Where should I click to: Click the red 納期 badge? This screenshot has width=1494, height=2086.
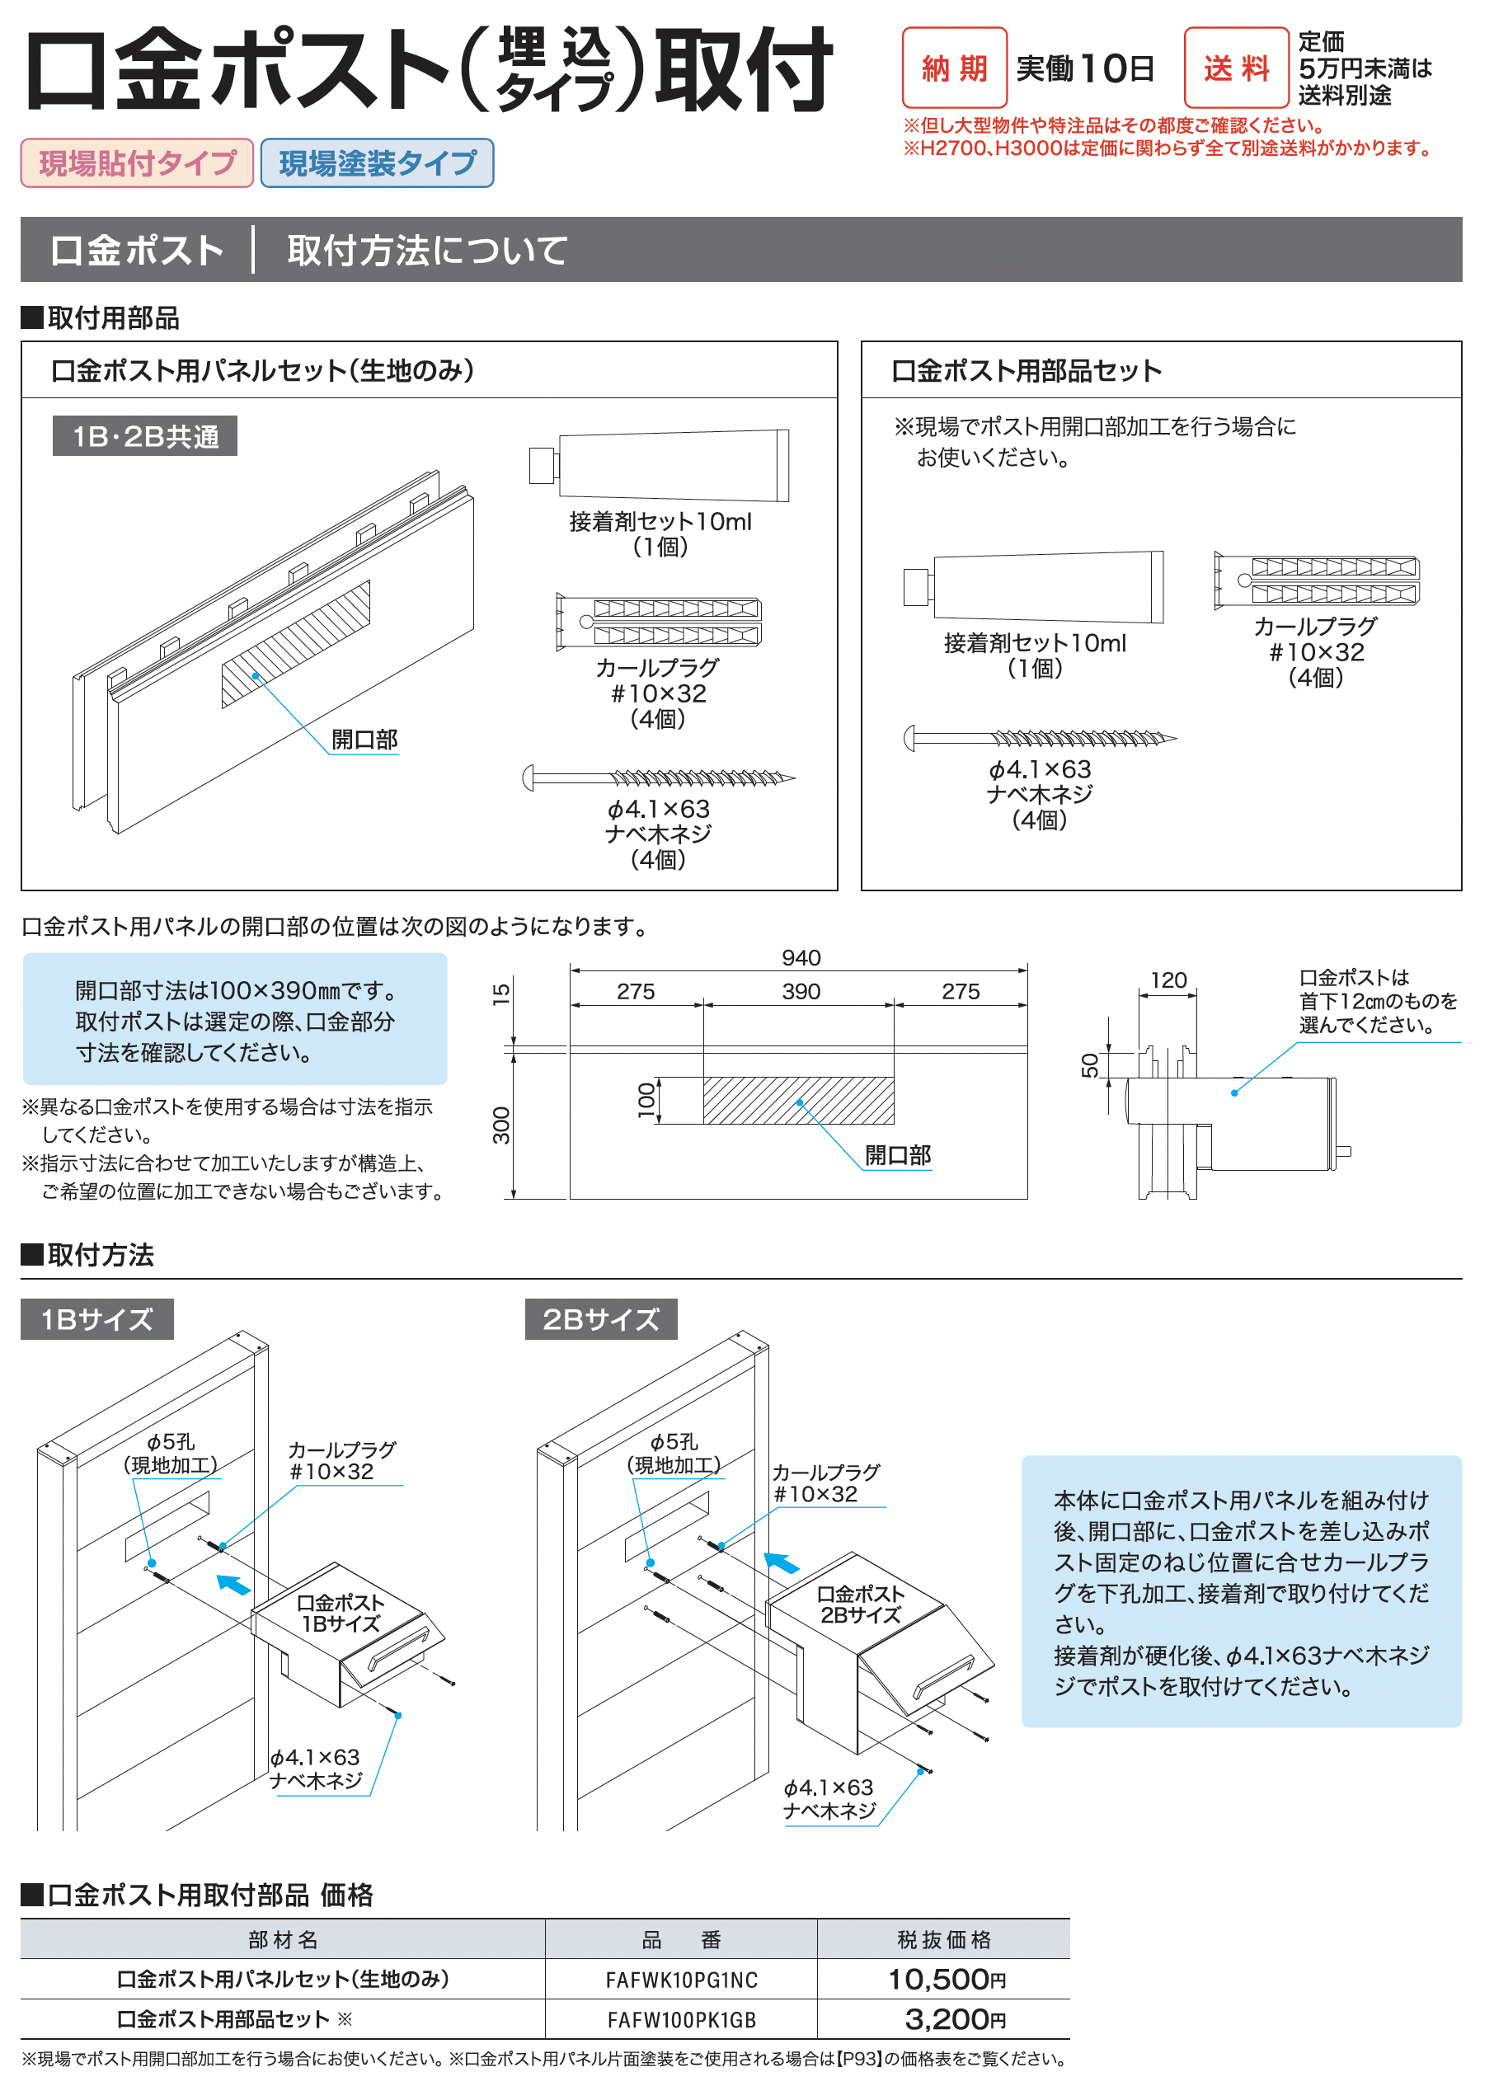tap(954, 68)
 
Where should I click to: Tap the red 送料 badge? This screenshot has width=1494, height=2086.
tap(1235, 68)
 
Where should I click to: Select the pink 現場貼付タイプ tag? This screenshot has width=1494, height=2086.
tap(137, 162)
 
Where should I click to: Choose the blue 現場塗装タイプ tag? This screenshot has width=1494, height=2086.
tap(377, 162)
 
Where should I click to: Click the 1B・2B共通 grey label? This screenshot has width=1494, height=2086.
tap(144, 436)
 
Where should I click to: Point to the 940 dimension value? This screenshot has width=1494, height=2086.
tap(801, 957)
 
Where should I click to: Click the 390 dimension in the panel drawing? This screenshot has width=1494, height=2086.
tap(801, 992)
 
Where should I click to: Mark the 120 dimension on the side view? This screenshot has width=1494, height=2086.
tap(1168, 980)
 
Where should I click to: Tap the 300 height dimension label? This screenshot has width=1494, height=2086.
tap(501, 1125)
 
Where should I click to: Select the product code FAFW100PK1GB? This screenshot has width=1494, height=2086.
tap(681, 2020)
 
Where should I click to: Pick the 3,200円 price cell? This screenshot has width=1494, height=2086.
tap(954, 2020)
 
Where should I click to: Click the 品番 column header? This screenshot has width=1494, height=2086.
tap(681, 1940)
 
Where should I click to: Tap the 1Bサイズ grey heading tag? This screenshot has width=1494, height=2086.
tap(96, 1320)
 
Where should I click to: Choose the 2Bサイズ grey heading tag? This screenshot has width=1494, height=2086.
tap(601, 1320)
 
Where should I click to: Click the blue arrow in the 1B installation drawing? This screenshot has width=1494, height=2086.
tap(233, 1585)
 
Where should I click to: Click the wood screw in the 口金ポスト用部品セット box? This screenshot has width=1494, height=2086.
tap(1040, 738)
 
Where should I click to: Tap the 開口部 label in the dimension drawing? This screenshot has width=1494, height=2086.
tap(897, 1155)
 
